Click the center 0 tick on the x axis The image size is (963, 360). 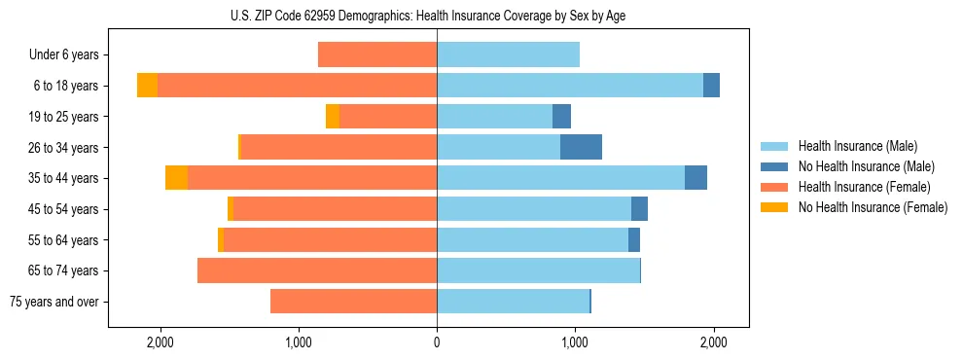[x=437, y=342]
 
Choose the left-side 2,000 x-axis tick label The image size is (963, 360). [x=160, y=342]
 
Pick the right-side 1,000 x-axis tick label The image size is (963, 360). [x=575, y=342]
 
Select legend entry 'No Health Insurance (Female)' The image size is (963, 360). [x=873, y=207]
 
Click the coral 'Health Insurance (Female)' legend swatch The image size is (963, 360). [x=775, y=187]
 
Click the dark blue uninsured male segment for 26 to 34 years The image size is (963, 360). [x=581, y=147]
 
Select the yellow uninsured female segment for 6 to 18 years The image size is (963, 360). [x=147, y=86]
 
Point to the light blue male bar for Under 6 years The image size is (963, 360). [x=508, y=55]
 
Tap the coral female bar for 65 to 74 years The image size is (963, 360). [x=317, y=270]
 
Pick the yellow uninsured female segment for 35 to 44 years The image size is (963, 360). [x=176, y=178]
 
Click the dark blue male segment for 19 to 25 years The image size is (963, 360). [x=561, y=117]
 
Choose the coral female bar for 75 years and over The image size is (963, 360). [x=353, y=302]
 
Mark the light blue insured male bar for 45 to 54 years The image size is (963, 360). [x=534, y=209]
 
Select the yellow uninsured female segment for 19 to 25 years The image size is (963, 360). [x=333, y=117]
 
